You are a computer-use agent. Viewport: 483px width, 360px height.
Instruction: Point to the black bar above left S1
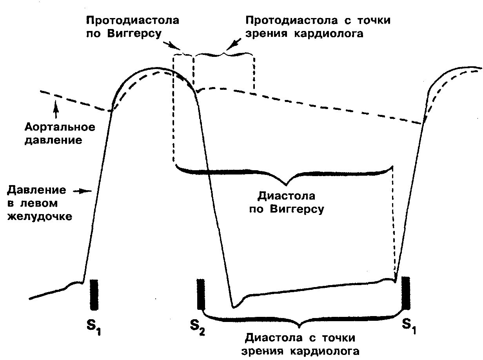[94, 294]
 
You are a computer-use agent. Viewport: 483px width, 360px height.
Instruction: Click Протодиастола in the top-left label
[133, 20]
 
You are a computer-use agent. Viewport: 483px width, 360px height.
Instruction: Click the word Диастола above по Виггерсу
[286, 196]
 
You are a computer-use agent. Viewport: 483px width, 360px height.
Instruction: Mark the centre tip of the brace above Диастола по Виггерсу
[287, 184]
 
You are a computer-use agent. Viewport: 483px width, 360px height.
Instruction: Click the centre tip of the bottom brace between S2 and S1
[300, 326]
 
